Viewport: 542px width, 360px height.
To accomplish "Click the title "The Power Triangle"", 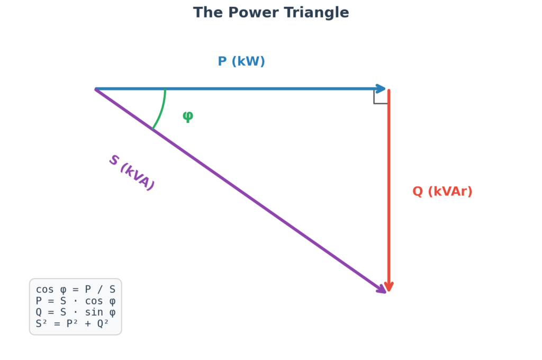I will pyautogui.click(x=270, y=13).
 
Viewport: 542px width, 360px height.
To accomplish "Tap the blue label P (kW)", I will pyautogui.click(x=241, y=61).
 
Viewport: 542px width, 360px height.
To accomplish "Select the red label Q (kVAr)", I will pyautogui.click(x=442, y=192).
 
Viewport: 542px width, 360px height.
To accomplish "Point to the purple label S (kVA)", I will pyautogui.click(x=131, y=173).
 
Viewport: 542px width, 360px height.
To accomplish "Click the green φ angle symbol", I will pyautogui.click(x=188, y=116).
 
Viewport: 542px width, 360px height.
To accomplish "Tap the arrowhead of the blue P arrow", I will pyautogui.click(x=382, y=88).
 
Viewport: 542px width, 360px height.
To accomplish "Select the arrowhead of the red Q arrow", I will pyautogui.click(x=389, y=286).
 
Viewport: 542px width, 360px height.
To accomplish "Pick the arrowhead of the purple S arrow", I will pyautogui.click(x=381, y=288).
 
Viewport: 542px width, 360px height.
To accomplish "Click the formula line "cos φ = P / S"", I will pyautogui.click(x=75, y=290).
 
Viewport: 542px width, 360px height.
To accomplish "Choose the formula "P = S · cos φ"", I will pyautogui.click(x=75, y=301).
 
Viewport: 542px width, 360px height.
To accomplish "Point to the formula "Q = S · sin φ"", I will pyautogui.click(x=75, y=312).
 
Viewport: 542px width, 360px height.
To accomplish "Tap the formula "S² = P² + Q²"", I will pyautogui.click(x=72, y=323).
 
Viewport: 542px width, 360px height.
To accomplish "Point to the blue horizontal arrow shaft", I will pyautogui.click(x=238, y=88).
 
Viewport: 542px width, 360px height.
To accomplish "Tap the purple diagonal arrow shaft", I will pyautogui.click(x=238, y=188).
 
